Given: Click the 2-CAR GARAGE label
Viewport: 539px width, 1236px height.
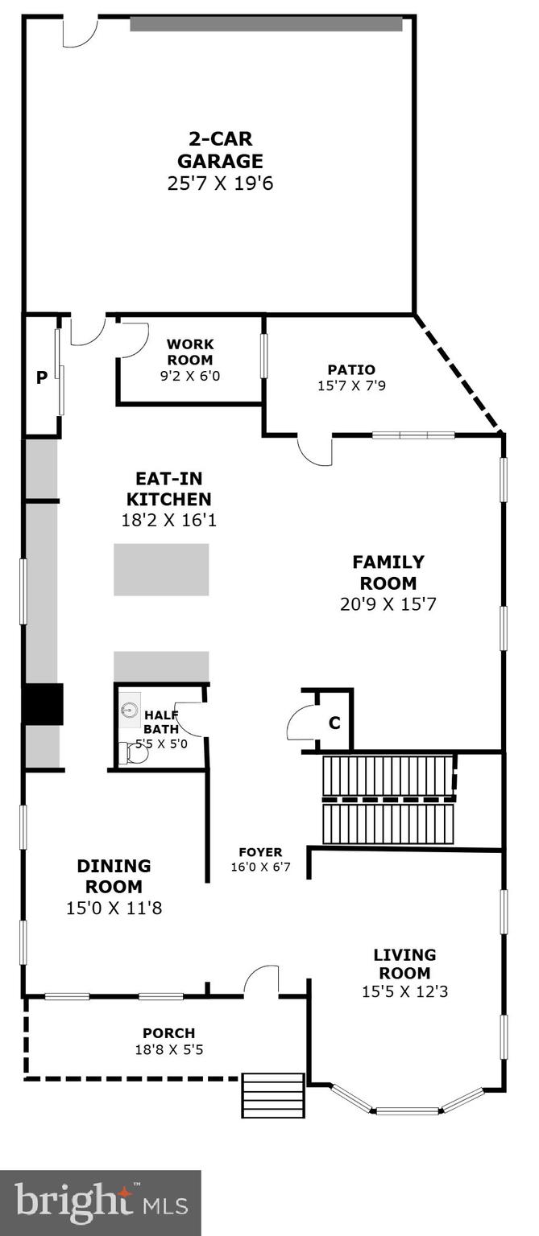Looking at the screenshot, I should point(220,150).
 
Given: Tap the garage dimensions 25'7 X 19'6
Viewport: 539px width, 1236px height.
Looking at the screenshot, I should point(220,183).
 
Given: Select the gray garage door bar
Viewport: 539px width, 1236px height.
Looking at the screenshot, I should point(266,24).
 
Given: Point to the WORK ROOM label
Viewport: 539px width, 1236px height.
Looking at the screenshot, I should point(191,352).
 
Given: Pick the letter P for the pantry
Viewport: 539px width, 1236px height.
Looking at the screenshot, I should point(40,377).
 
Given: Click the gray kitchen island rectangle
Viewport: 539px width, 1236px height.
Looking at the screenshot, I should point(161,570).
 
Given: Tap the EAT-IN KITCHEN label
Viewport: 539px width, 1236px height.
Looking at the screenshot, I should point(168,488).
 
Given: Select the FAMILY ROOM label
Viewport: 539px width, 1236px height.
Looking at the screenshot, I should point(388,572).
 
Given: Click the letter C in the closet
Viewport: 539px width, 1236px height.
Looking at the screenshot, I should point(334,723).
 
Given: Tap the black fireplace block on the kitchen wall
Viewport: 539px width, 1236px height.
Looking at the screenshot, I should point(42,704).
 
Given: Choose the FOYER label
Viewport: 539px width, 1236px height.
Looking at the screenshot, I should point(260,852).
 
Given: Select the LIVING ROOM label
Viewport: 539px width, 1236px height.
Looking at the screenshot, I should point(404,964).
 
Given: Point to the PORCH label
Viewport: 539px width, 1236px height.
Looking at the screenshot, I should point(168,1033).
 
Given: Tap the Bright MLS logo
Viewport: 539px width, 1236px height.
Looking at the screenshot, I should point(101,1203).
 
